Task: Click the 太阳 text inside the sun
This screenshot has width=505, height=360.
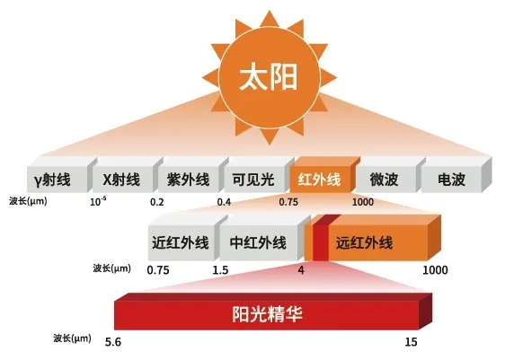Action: pyautogui.click(x=269, y=77)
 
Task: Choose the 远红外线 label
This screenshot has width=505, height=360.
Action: pyautogui.click(x=364, y=243)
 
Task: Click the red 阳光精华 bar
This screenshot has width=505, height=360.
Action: pyautogui.click(x=273, y=312)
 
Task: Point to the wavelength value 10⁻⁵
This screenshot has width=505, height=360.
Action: pyautogui.click(x=98, y=201)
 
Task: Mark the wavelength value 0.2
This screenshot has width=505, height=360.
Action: pyautogui.click(x=157, y=202)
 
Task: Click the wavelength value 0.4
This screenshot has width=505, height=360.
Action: pyautogui.click(x=224, y=202)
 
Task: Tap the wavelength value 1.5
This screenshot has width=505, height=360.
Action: pyautogui.click(x=220, y=270)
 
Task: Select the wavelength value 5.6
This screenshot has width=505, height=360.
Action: pyautogui.click(x=113, y=342)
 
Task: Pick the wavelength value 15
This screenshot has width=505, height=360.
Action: pyautogui.click(x=411, y=342)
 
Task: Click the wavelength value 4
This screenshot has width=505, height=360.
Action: pyautogui.click(x=301, y=270)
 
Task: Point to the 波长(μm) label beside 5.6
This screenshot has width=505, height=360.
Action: pyautogui.click(x=73, y=338)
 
